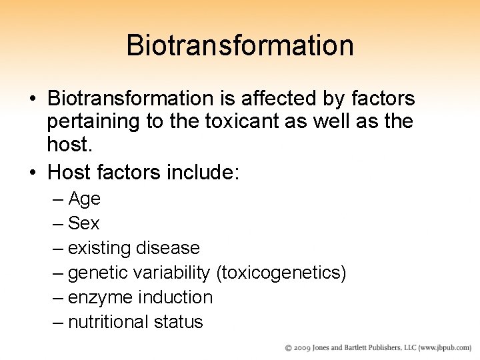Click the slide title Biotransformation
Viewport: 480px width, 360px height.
239,45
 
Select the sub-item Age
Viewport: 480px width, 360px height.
85,199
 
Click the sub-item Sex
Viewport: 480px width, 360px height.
84,223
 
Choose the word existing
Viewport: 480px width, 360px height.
99,248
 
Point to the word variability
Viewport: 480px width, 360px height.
171,273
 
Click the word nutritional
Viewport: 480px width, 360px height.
109,322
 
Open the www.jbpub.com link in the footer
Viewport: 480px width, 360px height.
445,348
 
